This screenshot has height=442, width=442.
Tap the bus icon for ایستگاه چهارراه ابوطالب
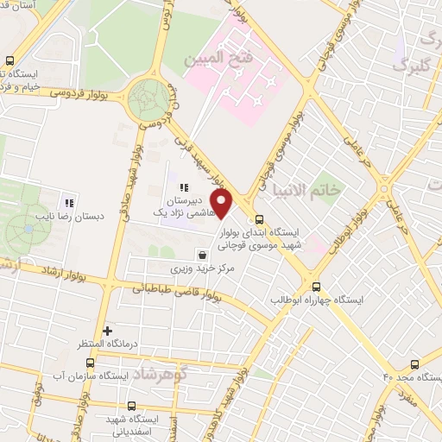315,286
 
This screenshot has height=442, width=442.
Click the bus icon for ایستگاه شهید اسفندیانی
131,406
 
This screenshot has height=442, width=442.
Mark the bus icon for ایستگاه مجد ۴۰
414,364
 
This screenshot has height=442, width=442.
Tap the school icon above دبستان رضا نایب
68,201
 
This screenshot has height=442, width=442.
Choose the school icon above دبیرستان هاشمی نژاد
183,187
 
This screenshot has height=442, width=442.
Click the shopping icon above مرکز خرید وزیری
202,256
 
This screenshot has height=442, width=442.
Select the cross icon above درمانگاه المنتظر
107,331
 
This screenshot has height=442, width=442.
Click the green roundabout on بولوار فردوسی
149,101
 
